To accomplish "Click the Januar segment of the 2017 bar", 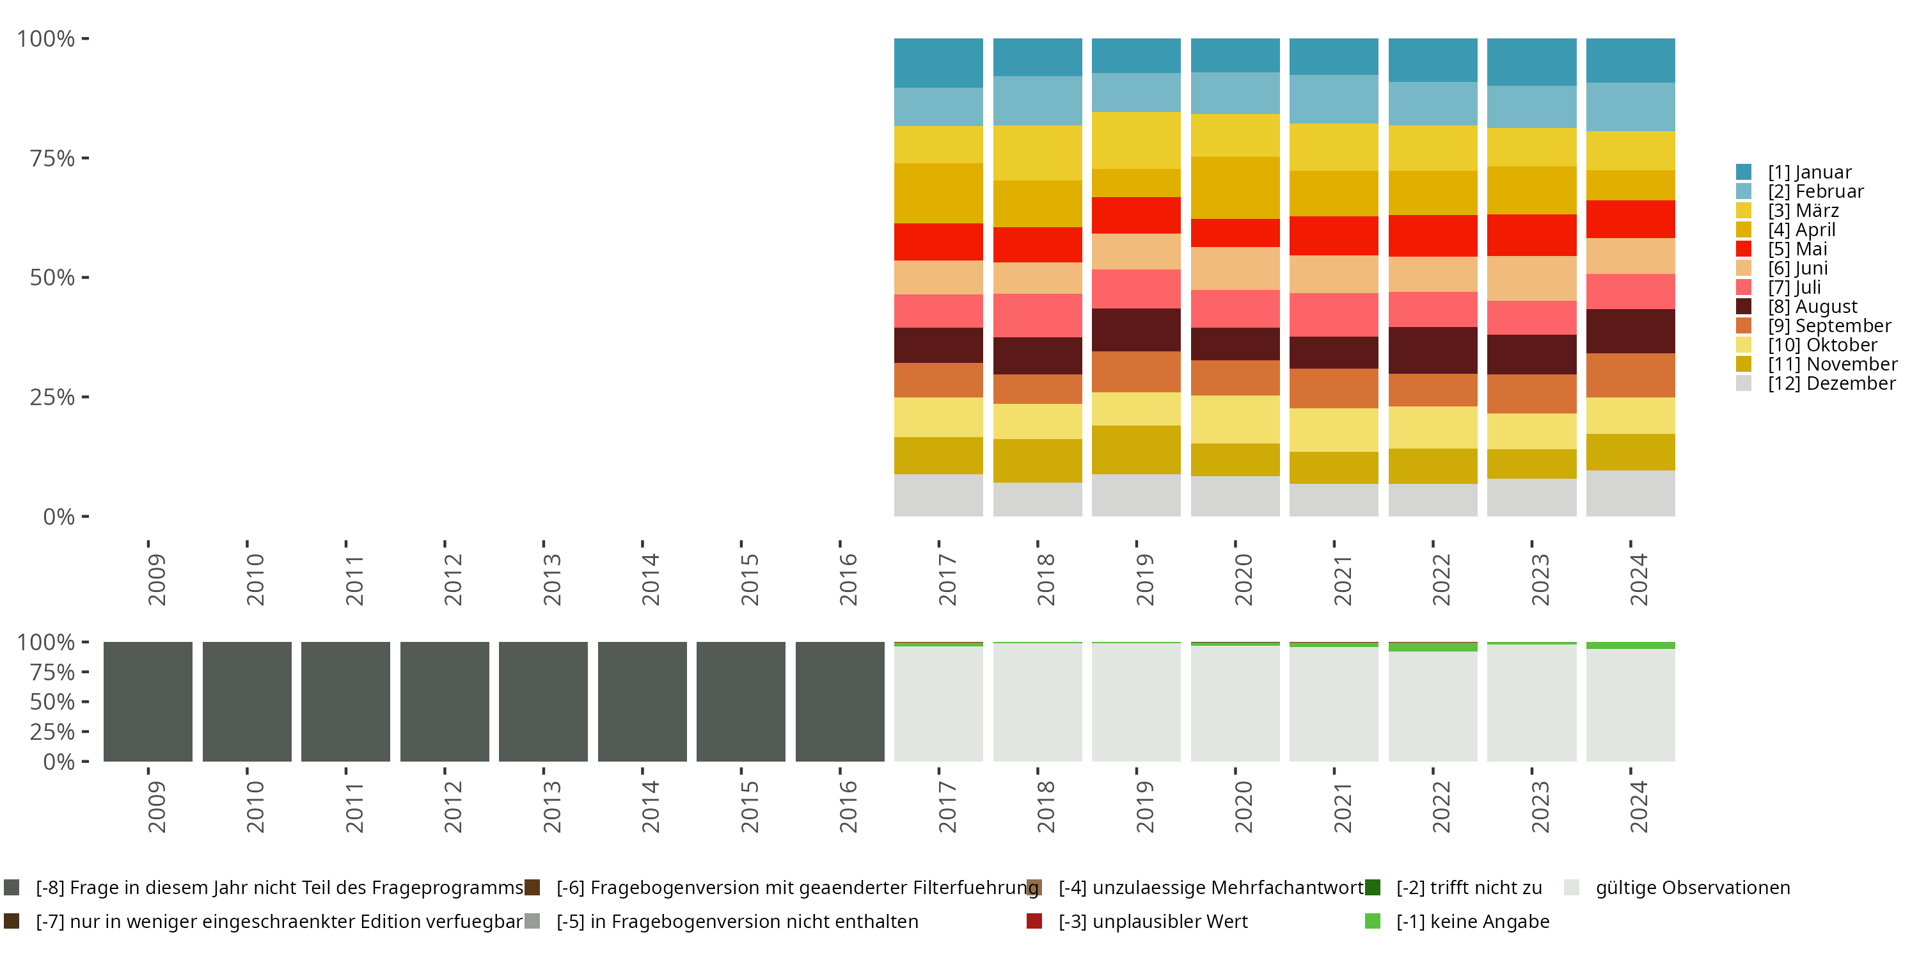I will pyautogui.click(x=938, y=63).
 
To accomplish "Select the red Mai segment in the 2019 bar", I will pyautogui.click(x=1136, y=216).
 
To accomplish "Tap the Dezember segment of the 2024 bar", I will pyautogui.click(x=1630, y=493).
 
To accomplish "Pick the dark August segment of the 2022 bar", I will pyautogui.click(x=1433, y=350).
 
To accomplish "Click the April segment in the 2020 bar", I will pyautogui.click(x=1235, y=188).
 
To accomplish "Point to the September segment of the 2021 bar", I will pyautogui.click(x=1334, y=388).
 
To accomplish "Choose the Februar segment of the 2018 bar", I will pyautogui.click(x=1037, y=100).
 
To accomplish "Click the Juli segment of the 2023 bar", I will pyautogui.click(x=1531, y=317).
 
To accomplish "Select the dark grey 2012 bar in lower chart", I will pyautogui.click(x=444, y=701).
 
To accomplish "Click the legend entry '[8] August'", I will pyautogui.click(x=1812, y=307).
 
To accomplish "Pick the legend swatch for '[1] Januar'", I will pyautogui.click(x=1743, y=172).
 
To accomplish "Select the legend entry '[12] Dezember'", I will pyautogui.click(x=1831, y=383).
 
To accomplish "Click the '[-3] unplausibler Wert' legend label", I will pyautogui.click(x=1153, y=921).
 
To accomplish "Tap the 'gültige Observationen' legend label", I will pyautogui.click(x=1692, y=887).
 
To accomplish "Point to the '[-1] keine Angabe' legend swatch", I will pyautogui.click(x=1372, y=921).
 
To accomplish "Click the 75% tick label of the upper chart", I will pyautogui.click(x=52, y=158).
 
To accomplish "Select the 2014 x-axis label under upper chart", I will pyautogui.click(x=651, y=579).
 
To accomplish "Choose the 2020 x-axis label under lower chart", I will pyautogui.click(x=1244, y=806).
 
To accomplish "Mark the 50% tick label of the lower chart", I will pyautogui.click(x=52, y=701).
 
